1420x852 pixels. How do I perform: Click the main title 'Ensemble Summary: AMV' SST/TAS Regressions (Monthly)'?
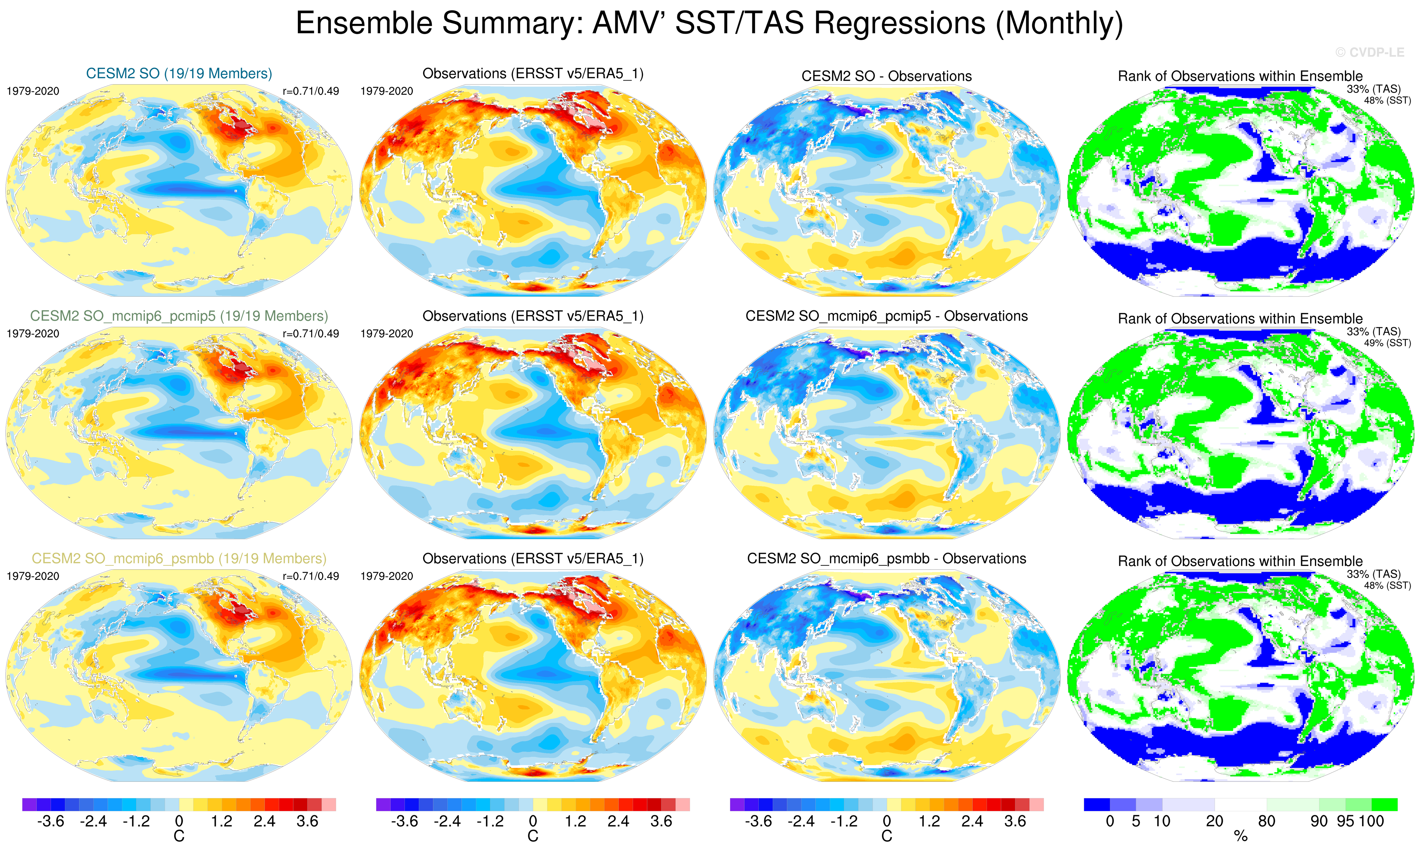click(709, 24)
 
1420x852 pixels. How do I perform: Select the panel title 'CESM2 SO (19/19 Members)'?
click(179, 74)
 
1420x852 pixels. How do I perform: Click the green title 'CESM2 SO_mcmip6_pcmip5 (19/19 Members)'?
click(179, 316)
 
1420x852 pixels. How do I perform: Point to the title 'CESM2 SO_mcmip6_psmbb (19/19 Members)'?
click(179, 559)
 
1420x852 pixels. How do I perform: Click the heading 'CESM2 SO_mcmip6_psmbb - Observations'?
click(886, 559)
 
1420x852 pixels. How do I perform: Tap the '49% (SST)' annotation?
click(1387, 343)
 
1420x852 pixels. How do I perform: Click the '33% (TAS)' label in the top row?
click(1373, 89)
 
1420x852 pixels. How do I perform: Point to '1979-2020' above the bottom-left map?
click(33, 576)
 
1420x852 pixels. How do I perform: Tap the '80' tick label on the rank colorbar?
click(1267, 821)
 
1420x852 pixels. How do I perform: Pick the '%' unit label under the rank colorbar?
click(1240, 837)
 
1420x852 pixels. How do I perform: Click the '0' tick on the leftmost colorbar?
click(179, 821)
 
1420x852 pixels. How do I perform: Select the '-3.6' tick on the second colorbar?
click(404, 821)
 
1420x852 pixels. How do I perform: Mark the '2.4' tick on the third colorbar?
click(972, 821)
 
